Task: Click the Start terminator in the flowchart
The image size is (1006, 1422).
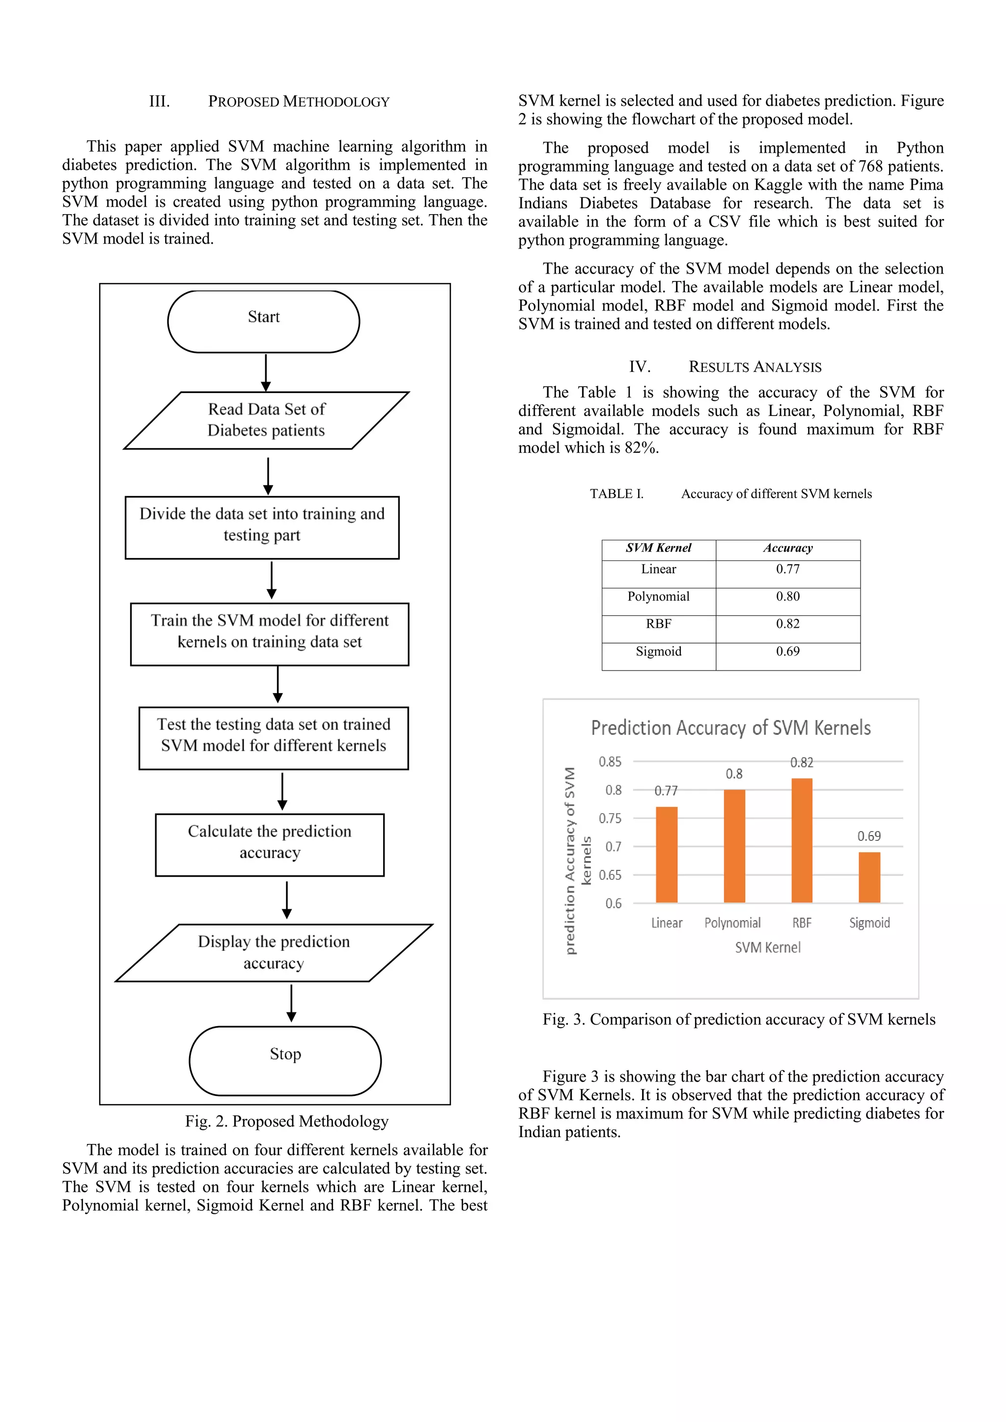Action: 263,321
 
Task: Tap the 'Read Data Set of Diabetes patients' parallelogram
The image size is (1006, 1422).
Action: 266,420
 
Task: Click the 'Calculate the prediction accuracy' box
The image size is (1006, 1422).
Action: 270,844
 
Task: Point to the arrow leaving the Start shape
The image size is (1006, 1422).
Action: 266,372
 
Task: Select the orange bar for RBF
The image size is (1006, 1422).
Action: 802,840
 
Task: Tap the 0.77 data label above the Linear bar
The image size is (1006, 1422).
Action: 666,791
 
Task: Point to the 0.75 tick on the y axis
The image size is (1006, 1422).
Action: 610,818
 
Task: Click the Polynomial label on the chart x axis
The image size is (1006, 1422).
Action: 732,923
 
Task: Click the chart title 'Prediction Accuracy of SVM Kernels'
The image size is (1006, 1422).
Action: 730,728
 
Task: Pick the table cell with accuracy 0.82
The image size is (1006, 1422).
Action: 787,624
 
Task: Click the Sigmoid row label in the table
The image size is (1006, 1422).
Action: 659,651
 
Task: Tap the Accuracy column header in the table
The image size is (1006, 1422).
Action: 787,548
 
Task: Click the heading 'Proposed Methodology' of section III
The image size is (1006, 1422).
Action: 299,102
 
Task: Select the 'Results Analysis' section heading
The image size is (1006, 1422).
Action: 754,367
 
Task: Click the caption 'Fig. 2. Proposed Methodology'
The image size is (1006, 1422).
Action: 286,1121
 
